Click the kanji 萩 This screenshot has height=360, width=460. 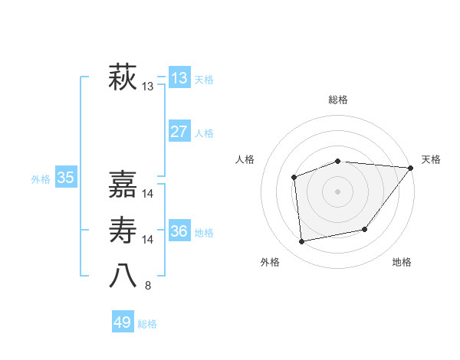(x=123, y=78)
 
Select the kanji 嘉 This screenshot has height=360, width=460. (x=123, y=184)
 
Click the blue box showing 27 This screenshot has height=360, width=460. (x=179, y=132)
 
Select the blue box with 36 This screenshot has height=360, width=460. (x=179, y=231)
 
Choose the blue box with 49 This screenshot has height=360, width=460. (x=123, y=322)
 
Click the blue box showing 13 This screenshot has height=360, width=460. (x=179, y=78)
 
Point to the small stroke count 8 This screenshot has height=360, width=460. (x=148, y=286)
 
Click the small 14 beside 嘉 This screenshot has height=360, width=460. (x=148, y=194)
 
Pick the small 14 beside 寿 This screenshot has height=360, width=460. (x=148, y=240)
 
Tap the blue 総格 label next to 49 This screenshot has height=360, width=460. (x=147, y=324)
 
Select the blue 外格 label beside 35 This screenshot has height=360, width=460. (x=41, y=179)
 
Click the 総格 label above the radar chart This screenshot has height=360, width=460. (x=338, y=100)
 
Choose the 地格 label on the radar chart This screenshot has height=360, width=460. (x=402, y=262)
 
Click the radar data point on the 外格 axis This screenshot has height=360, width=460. (x=302, y=241)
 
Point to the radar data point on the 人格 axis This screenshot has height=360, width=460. (x=294, y=177)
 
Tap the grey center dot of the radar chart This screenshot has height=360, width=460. (x=337, y=191)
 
